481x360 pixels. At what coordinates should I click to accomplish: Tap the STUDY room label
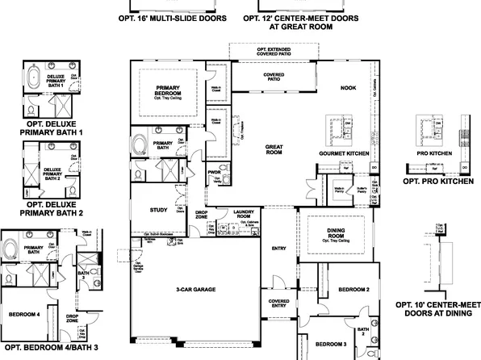158,210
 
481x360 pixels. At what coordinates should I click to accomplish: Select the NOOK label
348,88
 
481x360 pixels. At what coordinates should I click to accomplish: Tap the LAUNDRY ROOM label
243,214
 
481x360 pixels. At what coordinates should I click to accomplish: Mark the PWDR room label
214,172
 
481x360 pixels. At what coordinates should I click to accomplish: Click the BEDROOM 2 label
353,289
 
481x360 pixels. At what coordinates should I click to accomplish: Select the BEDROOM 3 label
331,343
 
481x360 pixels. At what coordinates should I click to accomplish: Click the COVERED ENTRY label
278,303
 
